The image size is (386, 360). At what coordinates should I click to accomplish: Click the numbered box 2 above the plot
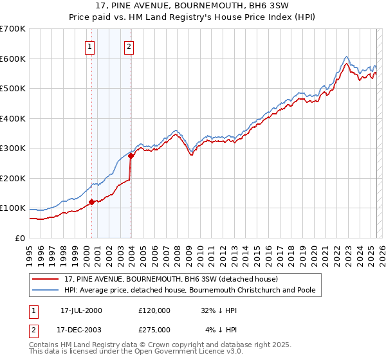click(129, 46)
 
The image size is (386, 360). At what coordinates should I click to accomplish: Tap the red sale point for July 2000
click(91, 202)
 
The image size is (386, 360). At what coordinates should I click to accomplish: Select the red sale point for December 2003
click(131, 156)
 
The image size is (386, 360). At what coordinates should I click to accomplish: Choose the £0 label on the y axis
click(19, 238)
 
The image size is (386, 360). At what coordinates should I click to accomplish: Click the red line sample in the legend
click(46, 279)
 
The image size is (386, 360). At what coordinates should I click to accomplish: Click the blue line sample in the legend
click(46, 290)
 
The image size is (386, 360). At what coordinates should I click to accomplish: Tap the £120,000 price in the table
click(154, 310)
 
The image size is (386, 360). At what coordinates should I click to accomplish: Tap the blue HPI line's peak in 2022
click(346, 57)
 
